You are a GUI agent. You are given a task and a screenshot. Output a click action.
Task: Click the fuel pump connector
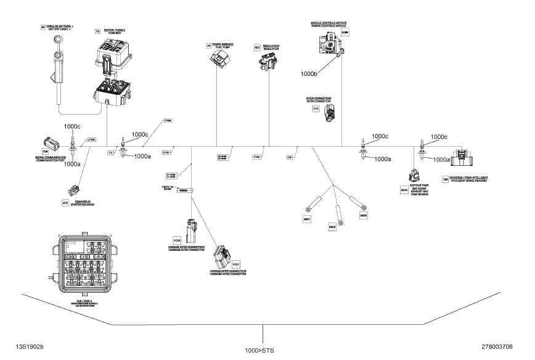[218, 59]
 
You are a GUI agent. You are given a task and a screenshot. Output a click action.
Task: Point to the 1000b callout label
[309, 73]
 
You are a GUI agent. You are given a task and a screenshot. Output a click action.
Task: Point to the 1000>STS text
[263, 351]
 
